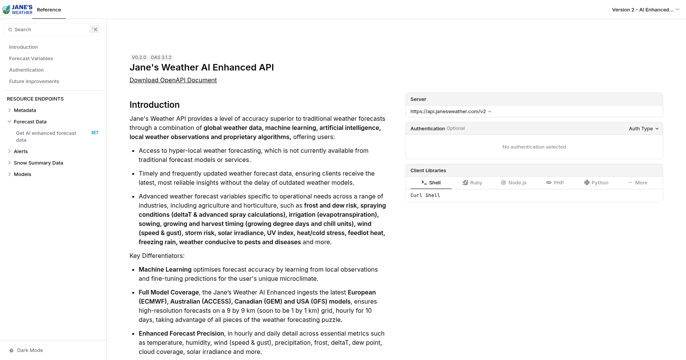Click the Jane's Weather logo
click(x=18, y=10)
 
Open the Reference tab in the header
click(x=49, y=10)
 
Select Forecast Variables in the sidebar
click(x=31, y=59)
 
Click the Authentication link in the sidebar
click(x=26, y=70)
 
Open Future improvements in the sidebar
click(x=34, y=82)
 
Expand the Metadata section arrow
click(x=10, y=110)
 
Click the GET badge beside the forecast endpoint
click(x=95, y=133)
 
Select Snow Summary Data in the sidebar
click(x=38, y=163)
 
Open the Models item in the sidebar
click(x=22, y=174)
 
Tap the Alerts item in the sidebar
click(x=21, y=152)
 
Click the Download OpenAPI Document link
click(x=173, y=80)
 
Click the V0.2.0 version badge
click(x=139, y=58)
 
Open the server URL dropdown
click(x=451, y=112)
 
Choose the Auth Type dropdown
click(x=643, y=129)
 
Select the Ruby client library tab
click(x=472, y=183)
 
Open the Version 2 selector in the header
click(x=645, y=10)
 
